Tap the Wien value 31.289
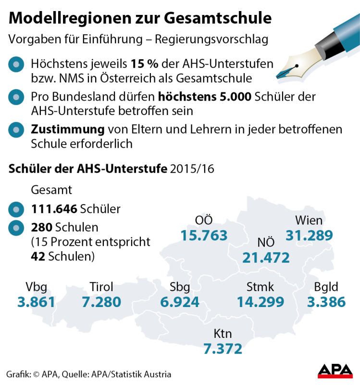pos(309,236)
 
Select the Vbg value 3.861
pos(36,302)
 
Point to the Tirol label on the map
pos(101,287)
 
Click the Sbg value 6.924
pos(180,302)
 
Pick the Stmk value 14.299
pos(261,302)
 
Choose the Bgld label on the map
pos(326,287)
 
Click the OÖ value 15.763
pos(204,236)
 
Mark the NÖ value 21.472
pos(266,257)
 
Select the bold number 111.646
pos(53,209)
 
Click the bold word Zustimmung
pos(68,129)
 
